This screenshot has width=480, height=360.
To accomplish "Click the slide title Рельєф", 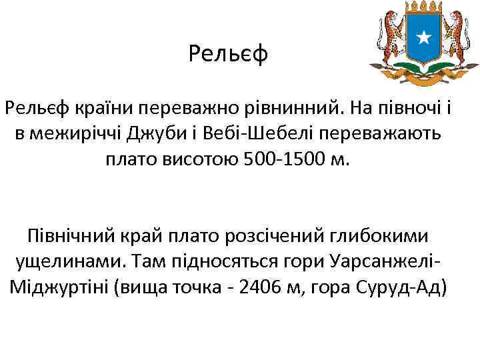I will tap(228, 53).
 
